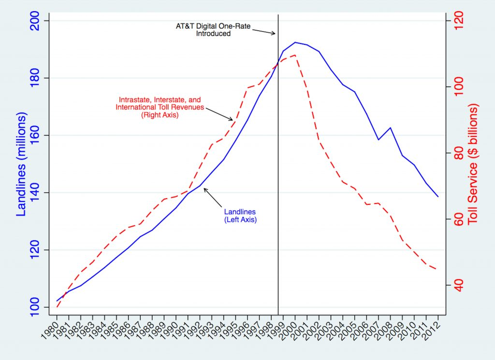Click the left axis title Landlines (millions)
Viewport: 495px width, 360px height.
tap(22, 164)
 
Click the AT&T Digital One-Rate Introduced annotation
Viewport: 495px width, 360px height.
tap(213, 30)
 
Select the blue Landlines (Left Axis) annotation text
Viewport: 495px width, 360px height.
tap(240, 216)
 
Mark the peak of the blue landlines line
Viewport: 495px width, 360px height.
tap(295, 43)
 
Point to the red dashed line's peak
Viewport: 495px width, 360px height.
tap(295, 55)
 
